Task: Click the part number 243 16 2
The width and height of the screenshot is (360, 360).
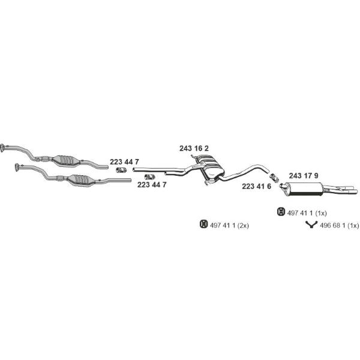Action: coord(194,149)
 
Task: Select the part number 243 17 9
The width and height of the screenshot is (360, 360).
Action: coord(304,176)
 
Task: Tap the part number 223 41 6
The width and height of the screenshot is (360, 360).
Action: coord(256,187)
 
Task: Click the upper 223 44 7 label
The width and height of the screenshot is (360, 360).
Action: coord(124,162)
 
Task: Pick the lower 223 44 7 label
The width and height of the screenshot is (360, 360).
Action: coord(152,185)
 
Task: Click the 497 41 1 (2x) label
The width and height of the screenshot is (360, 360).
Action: coord(229,226)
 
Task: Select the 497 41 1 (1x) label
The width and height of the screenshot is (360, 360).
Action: coord(307,213)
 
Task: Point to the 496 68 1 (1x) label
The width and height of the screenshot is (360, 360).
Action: coord(340,226)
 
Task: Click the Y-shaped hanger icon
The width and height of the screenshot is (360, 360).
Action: coord(311,225)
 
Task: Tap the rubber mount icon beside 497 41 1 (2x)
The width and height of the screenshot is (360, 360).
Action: coord(203,224)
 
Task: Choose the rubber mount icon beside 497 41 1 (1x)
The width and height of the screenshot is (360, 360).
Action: coord(281,212)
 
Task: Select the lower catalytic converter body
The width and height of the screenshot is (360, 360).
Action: coord(80,180)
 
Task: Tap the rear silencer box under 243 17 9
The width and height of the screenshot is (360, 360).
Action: coord(304,189)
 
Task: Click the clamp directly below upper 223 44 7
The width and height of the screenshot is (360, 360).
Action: coord(121,170)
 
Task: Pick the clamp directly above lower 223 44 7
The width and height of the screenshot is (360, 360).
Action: coord(149,177)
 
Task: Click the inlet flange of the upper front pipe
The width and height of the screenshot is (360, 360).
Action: coord(2,148)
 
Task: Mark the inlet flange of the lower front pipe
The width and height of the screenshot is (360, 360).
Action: coord(17,167)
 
